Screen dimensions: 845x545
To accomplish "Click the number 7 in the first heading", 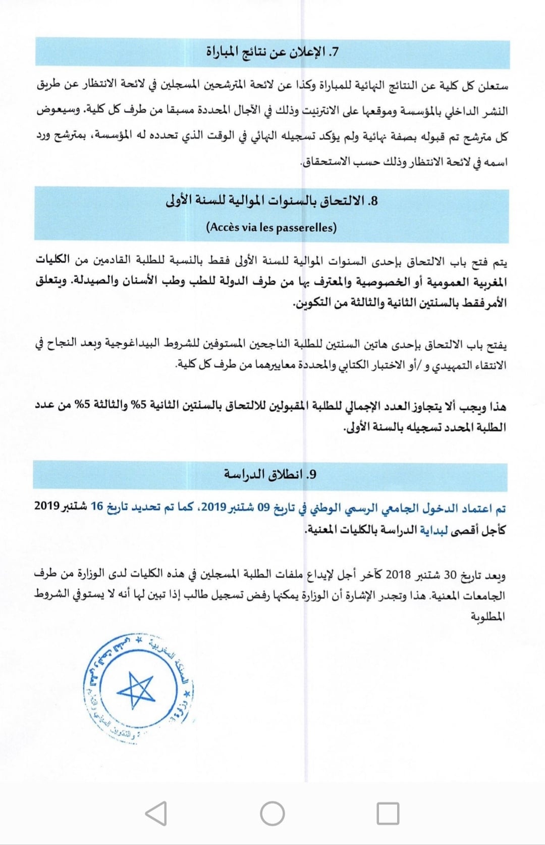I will tap(334, 53).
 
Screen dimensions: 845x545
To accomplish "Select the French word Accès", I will tap(224, 227).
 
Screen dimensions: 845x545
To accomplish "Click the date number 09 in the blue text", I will tap(264, 508).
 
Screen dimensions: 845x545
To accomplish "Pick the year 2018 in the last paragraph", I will tap(398, 575).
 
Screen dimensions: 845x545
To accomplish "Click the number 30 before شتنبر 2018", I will tap(450, 575).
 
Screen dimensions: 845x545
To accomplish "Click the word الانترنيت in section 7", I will tap(322, 111).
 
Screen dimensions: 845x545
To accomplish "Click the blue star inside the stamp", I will tap(135, 689).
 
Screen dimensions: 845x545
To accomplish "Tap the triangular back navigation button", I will tap(156, 814).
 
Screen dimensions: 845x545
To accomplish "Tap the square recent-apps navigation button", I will tap(388, 814).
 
